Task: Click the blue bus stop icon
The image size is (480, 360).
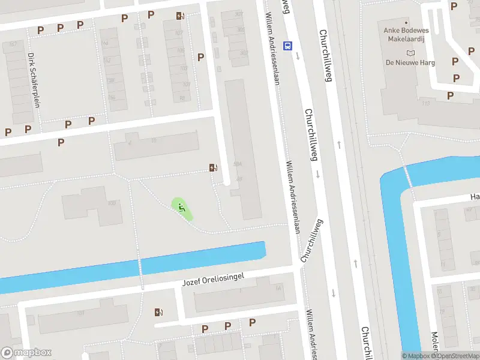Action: pos(288,45)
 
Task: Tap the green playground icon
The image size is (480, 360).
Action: pos(182,208)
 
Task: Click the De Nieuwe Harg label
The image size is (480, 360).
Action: pos(410,62)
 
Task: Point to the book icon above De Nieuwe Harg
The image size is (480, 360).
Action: pos(410,53)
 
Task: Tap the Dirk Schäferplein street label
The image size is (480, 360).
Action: pos(34,80)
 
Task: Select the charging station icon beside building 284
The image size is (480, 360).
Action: pos(212,167)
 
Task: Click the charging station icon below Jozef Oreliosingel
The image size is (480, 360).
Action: pos(158,312)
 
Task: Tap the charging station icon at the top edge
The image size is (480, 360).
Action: pos(179,16)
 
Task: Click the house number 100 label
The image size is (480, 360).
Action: pos(111,203)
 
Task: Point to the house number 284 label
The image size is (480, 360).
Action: pos(238,164)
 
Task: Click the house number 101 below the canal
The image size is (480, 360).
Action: pos(79,312)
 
